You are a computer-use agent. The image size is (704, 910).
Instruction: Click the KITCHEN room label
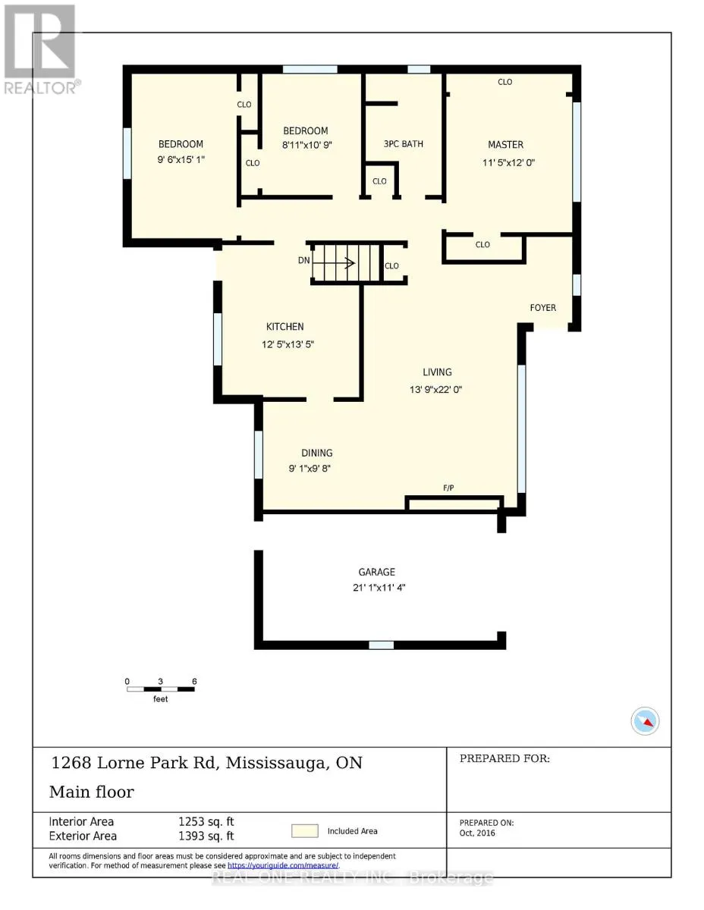pyautogui.click(x=284, y=327)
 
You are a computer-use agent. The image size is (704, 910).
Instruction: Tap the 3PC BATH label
pyautogui.click(x=404, y=144)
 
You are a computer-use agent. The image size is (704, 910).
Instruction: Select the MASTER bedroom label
pyautogui.click(x=505, y=145)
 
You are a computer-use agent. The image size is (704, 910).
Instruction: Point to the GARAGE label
pyautogui.click(x=376, y=572)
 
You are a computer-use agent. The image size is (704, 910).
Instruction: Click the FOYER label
pyautogui.click(x=542, y=308)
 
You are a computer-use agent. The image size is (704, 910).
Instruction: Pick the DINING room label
pyautogui.click(x=317, y=453)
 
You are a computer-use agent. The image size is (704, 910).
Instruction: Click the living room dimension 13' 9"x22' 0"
pyautogui.click(x=435, y=390)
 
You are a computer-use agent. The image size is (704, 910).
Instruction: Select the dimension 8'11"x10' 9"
pyautogui.click(x=307, y=146)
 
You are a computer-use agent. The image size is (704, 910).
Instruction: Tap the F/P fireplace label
pyautogui.click(x=448, y=488)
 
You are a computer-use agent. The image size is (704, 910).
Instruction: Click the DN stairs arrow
pyautogui.click(x=334, y=263)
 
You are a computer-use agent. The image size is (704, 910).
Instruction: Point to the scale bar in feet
pyautogui.click(x=161, y=689)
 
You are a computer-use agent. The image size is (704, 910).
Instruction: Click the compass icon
pyautogui.click(x=645, y=721)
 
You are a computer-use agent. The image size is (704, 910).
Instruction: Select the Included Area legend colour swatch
pyautogui.click(x=304, y=831)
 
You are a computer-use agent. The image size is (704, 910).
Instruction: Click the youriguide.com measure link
pyautogui.click(x=283, y=865)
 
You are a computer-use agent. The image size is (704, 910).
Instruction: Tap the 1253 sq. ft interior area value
pyautogui.click(x=206, y=822)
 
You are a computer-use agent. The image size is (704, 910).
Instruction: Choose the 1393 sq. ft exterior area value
pyautogui.click(x=206, y=836)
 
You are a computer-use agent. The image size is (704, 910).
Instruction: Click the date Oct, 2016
pyautogui.click(x=477, y=833)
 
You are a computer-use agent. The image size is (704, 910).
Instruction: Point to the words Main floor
pyautogui.click(x=92, y=792)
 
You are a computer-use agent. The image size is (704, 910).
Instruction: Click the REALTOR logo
pyautogui.click(x=40, y=49)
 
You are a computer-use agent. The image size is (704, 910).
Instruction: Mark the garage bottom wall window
pyautogui.click(x=381, y=645)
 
